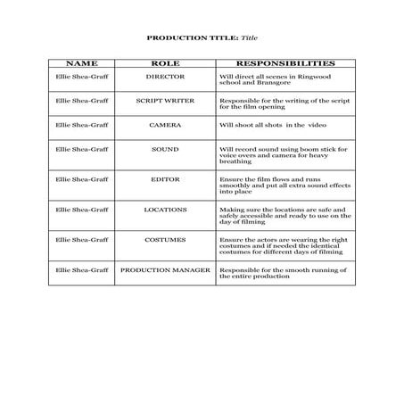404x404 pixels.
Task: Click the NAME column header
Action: click(81, 64)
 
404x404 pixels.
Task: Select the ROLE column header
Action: click(165, 64)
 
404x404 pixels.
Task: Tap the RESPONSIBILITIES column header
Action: click(284, 64)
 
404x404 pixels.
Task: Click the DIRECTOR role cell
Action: click(165, 77)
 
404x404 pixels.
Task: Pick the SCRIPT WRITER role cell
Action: click(165, 101)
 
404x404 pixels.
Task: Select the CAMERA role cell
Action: click(165, 125)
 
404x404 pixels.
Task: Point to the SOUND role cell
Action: click(165, 149)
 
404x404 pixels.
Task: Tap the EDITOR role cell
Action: click(165, 179)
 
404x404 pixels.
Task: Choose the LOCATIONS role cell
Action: click(165, 209)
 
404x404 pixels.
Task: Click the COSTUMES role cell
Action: click(165, 239)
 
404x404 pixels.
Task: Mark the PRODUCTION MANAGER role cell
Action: click(165, 268)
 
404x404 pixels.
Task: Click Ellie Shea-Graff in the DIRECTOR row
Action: click(81, 77)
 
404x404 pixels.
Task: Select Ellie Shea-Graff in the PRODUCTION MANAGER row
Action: click(81, 268)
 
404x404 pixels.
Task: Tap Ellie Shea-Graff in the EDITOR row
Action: click(81, 179)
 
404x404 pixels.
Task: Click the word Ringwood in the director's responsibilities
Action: click(309, 77)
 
